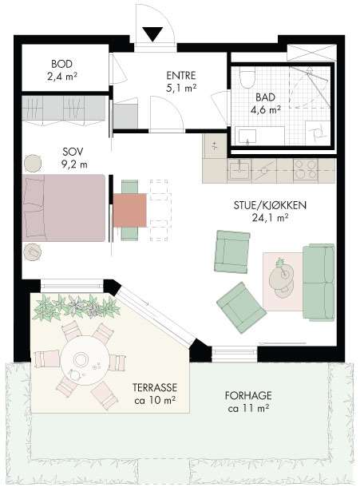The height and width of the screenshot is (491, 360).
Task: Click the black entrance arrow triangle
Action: [x=152, y=34]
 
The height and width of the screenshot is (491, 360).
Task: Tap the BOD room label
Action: [x=62, y=64]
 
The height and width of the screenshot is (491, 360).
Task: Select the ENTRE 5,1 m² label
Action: [x=181, y=81]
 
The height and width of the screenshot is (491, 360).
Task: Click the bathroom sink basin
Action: [x=247, y=137]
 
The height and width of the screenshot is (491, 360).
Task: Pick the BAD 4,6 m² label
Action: [x=265, y=103]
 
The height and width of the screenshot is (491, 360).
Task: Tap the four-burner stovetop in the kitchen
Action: [x=305, y=171]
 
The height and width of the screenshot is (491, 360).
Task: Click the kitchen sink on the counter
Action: [x=239, y=170]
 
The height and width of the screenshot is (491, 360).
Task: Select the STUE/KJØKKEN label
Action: [x=270, y=205]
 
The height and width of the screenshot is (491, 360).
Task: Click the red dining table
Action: [x=130, y=210]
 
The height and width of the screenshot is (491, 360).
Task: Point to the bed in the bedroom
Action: [x=64, y=208]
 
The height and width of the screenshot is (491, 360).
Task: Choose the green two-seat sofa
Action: [x=318, y=282]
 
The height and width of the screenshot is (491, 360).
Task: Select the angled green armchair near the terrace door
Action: [x=241, y=308]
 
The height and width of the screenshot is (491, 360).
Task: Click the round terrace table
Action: [x=85, y=362]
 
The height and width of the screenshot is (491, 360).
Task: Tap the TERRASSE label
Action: [x=155, y=387]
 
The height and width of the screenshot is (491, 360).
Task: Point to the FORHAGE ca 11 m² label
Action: [x=248, y=402]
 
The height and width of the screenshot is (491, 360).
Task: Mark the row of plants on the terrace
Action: [x=76, y=307]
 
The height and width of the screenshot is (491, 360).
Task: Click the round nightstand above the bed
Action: [x=33, y=163]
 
